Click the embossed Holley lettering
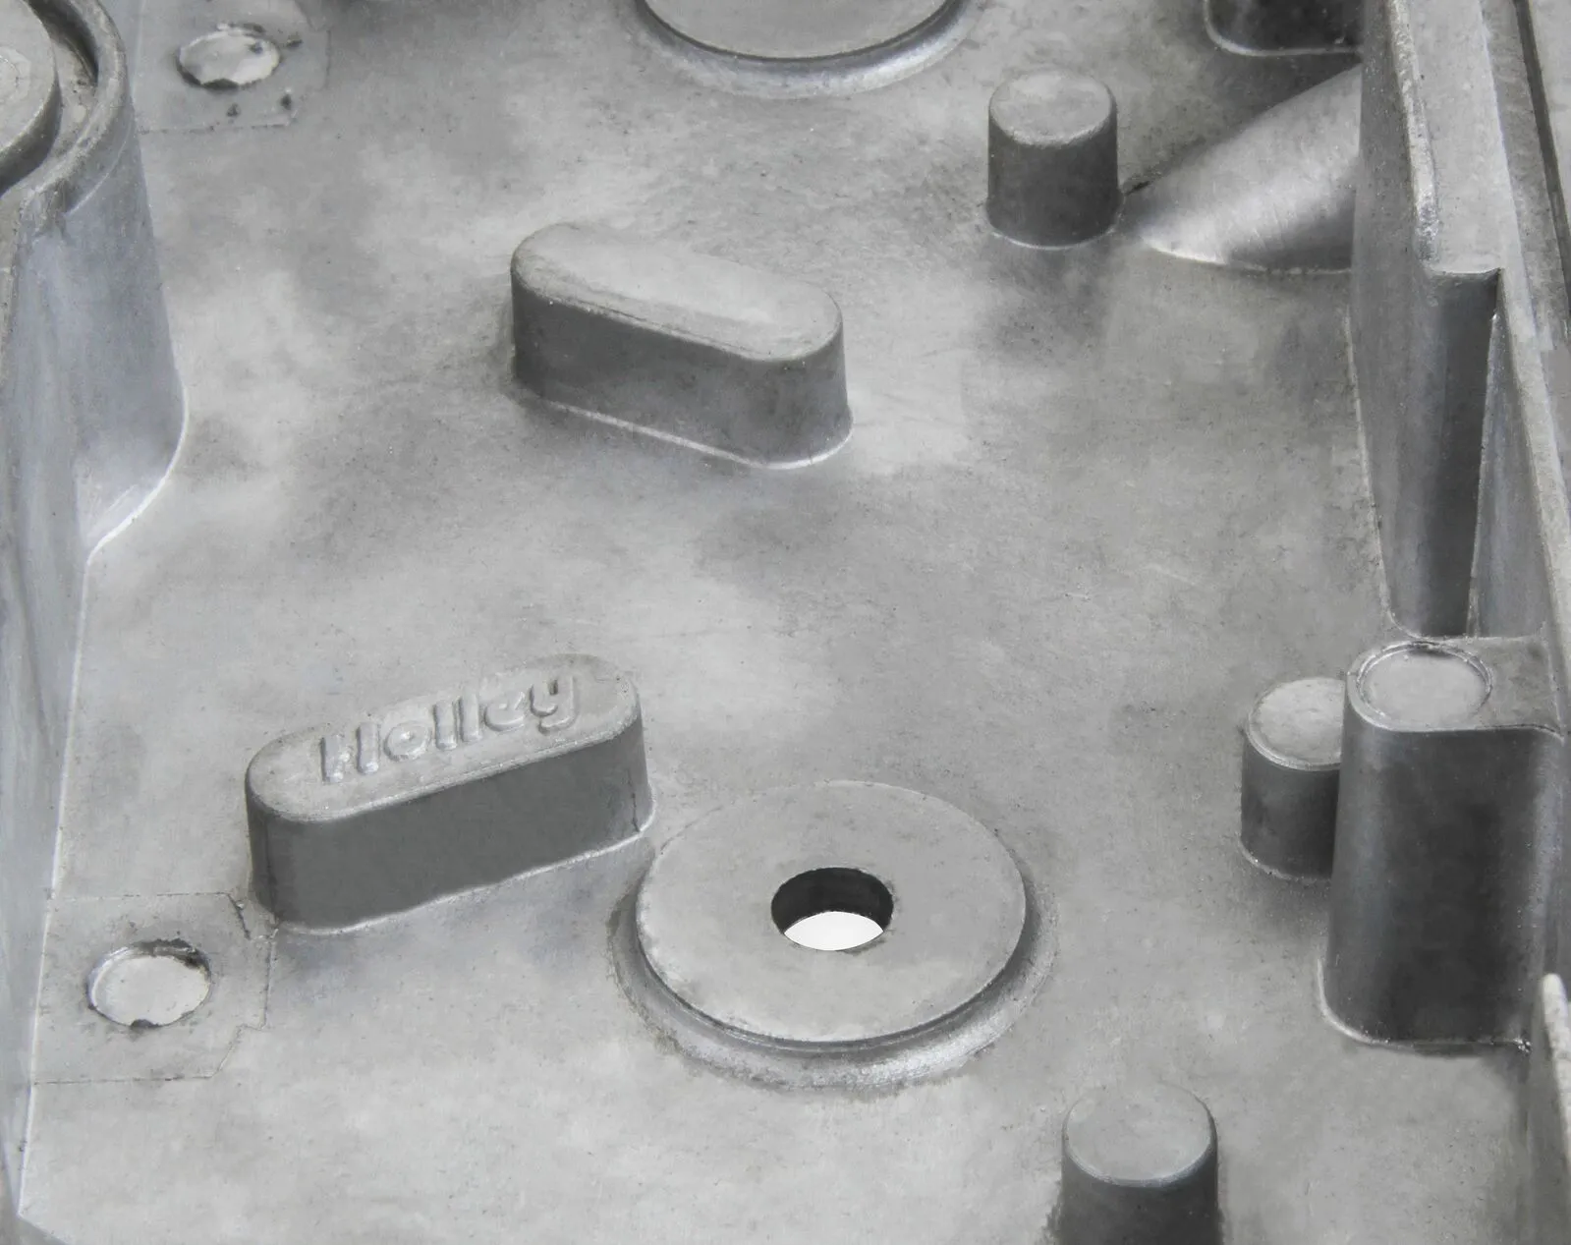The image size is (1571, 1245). (446, 727)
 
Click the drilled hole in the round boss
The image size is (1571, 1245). (832, 909)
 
